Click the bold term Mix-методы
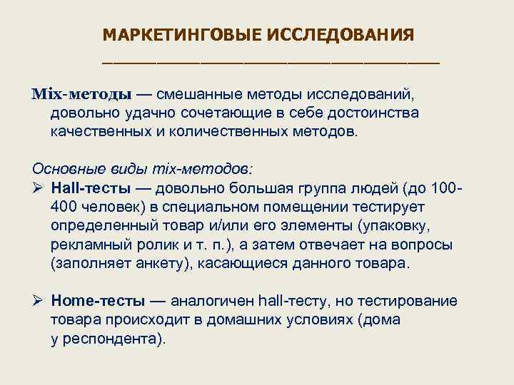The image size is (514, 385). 82,94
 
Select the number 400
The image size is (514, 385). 64,207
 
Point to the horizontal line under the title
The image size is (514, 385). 271,62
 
